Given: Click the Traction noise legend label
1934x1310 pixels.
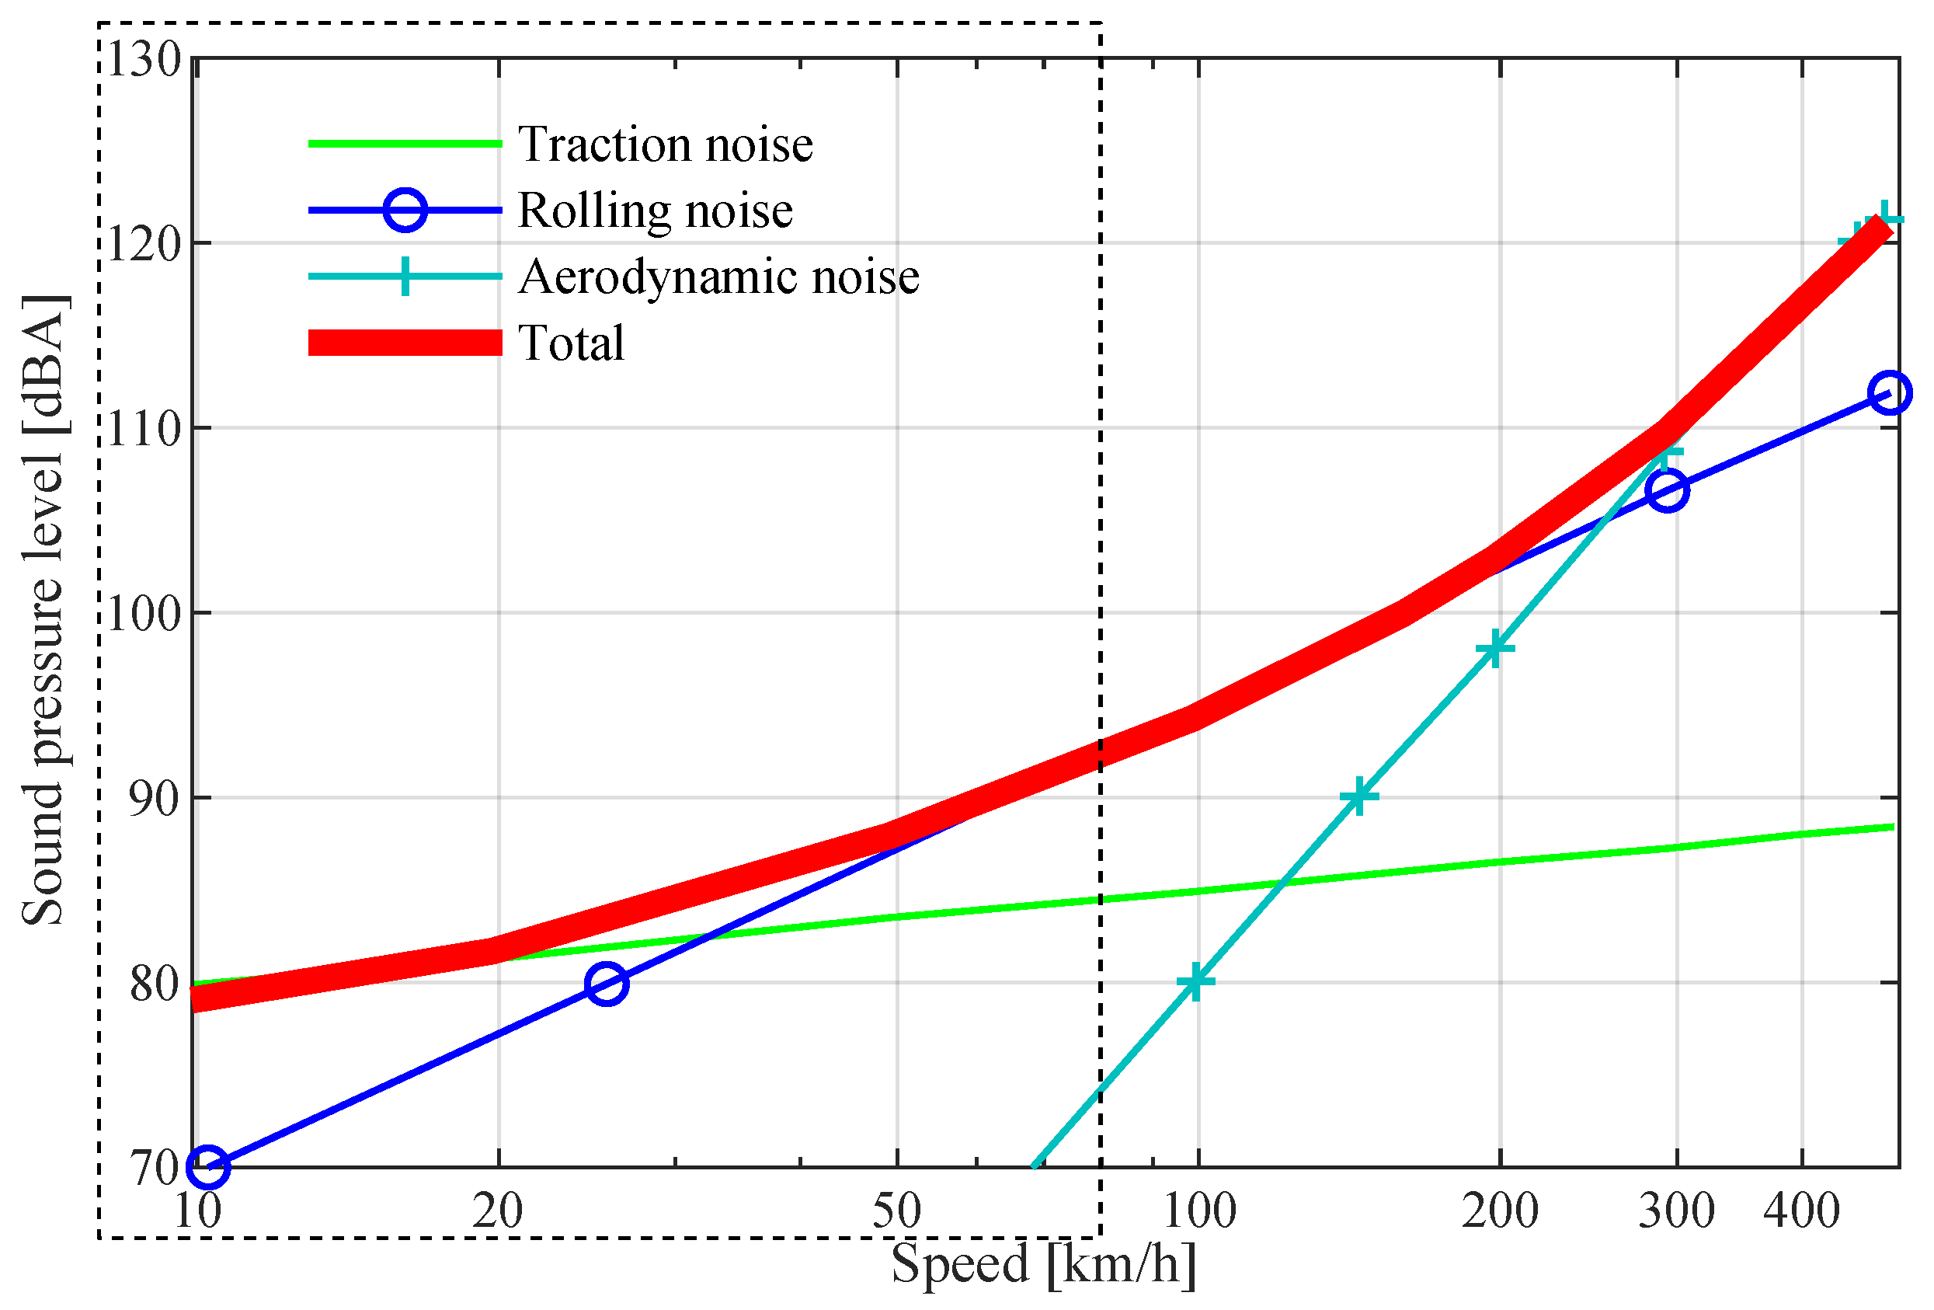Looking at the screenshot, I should (x=664, y=144).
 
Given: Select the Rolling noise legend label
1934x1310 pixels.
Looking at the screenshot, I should (x=654, y=210).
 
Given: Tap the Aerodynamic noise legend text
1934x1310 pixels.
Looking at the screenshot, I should (x=718, y=277).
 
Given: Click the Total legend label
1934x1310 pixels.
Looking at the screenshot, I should (x=571, y=343).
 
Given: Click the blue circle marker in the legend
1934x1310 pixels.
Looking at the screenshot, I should (x=405, y=210).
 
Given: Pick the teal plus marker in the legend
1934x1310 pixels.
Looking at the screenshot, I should (x=405, y=277).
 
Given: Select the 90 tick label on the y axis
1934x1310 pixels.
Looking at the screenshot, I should (x=155, y=799).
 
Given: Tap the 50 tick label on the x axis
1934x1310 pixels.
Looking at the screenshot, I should (x=896, y=1211).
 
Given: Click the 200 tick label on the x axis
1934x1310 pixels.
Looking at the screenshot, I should (x=1500, y=1211).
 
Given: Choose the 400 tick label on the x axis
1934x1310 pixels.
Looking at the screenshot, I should (x=1801, y=1211).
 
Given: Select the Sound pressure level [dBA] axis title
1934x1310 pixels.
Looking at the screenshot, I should (x=43, y=611).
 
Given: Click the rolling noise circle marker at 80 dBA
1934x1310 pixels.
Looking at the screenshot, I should (x=607, y=984).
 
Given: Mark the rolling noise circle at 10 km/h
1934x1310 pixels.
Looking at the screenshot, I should (x=208, y=1167).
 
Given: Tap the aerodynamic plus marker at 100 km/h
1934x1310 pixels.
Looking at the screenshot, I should (x=1196, y=982).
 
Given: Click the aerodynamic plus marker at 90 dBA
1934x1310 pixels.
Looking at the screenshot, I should (x=1358, y=797).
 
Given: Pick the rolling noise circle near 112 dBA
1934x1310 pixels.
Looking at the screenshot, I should (x=1889, y=392).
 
